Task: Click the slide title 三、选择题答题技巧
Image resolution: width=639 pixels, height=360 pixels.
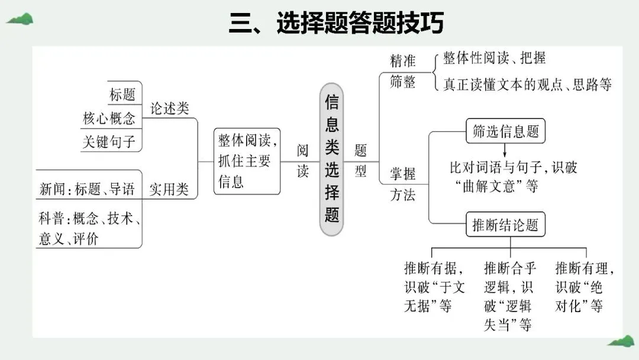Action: (336, 24)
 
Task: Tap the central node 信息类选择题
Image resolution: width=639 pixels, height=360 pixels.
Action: (332, 159)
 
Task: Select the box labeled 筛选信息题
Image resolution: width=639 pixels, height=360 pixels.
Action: (505, 131)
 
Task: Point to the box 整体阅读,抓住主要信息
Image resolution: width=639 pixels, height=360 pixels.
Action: (246, 160)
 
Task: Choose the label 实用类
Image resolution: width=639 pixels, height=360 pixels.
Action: (169, 189)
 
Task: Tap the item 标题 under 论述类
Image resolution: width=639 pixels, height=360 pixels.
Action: (122, 95)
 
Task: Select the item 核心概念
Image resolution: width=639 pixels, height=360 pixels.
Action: (109, 118)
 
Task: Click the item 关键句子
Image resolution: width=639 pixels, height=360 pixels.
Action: (109, 142)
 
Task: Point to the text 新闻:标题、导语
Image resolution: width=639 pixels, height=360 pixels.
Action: (87, 189)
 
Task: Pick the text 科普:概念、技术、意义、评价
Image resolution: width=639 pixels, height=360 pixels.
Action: (89, 229)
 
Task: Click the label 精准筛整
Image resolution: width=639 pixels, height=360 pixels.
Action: (403, 71)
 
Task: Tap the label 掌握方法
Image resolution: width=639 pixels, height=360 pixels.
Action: (402, 184)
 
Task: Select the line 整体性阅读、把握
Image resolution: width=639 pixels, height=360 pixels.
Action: (494, 58)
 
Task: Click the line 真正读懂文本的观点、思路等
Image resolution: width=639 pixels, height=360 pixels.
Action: (527, 84)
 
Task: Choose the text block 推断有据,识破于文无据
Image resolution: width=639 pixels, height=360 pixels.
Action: (434, 287)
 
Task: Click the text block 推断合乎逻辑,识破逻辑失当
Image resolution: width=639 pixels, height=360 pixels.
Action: (509, 296)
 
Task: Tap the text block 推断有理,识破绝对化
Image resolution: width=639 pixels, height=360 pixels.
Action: (585, 287)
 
